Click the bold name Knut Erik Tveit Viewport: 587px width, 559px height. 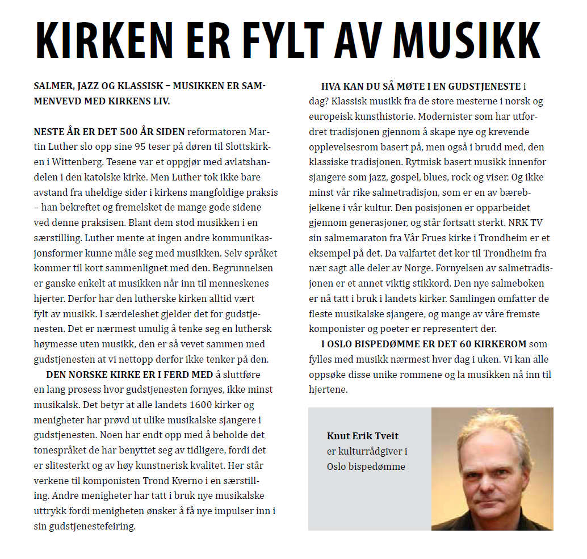coord(363,436)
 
